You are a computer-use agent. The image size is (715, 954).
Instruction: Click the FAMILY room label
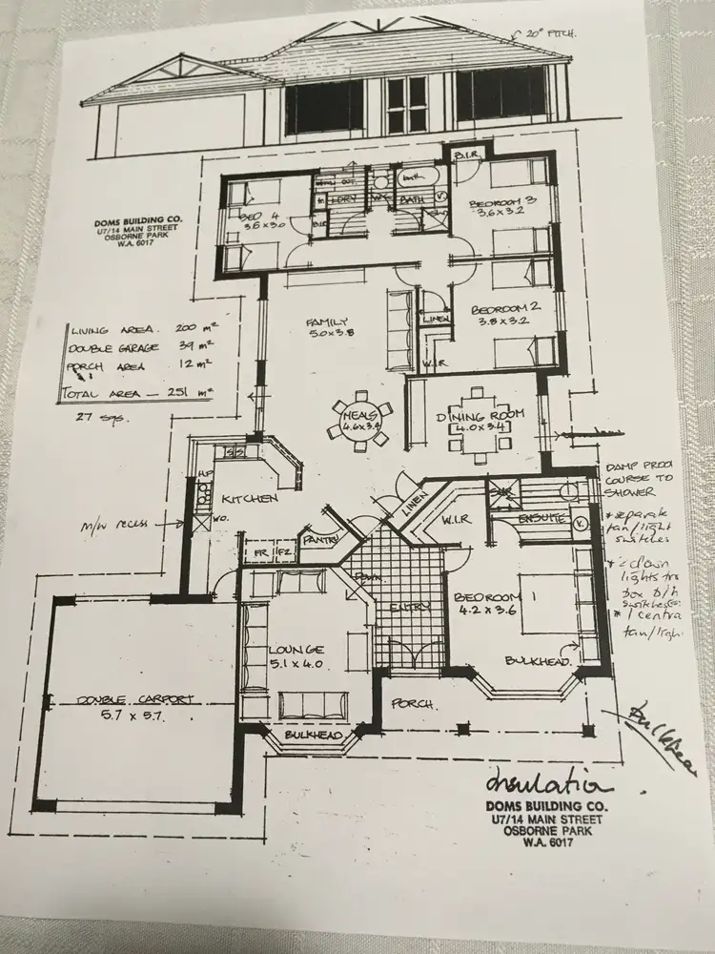coord(327,321)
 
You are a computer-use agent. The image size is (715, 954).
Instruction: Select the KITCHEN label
coord(250,499)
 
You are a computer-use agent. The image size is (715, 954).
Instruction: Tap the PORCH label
coord(413,705)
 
